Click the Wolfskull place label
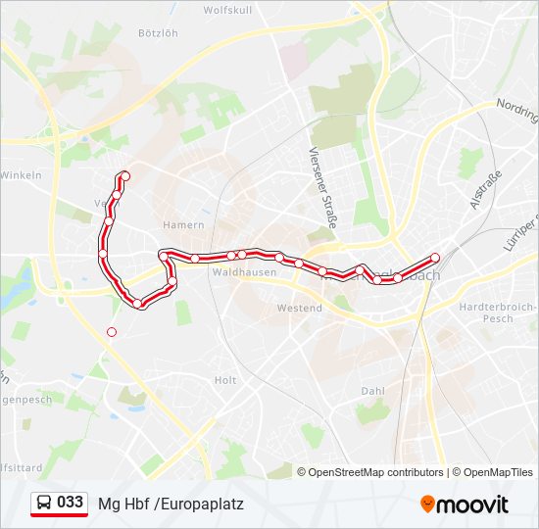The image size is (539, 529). pyautogui.click(x=227, y=10)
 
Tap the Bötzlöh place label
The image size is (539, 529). pyautogui.click(x=158, y=32)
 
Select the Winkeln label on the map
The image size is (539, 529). pyautogui.click(x=21, y=175)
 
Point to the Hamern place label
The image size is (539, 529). pyautogui.click(x=185, y=225)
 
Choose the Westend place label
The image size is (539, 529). pyautogui.click(x=299, y=308)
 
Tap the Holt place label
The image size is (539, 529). pyautogui.click(x=225, y=380)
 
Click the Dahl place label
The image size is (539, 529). pyautogui.click(x=372, y=390)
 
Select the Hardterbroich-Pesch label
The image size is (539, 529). pyautogui.click(x=498, y=313)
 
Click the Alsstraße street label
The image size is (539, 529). pyautogui.click(x=485, y=187)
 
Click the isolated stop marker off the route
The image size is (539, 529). pyautogui.click(x=112, y=332)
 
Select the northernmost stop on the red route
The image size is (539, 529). pyautogui.click(x=124, y=176)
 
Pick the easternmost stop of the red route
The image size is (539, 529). pyautogui.click(x=435, y=258)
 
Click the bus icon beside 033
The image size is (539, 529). pyautogui.click(x=44, y=504)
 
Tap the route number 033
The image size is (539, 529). pyautogui.click(x=71, y=503)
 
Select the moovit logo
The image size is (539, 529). pyautogui.click(x=465, y=505)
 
